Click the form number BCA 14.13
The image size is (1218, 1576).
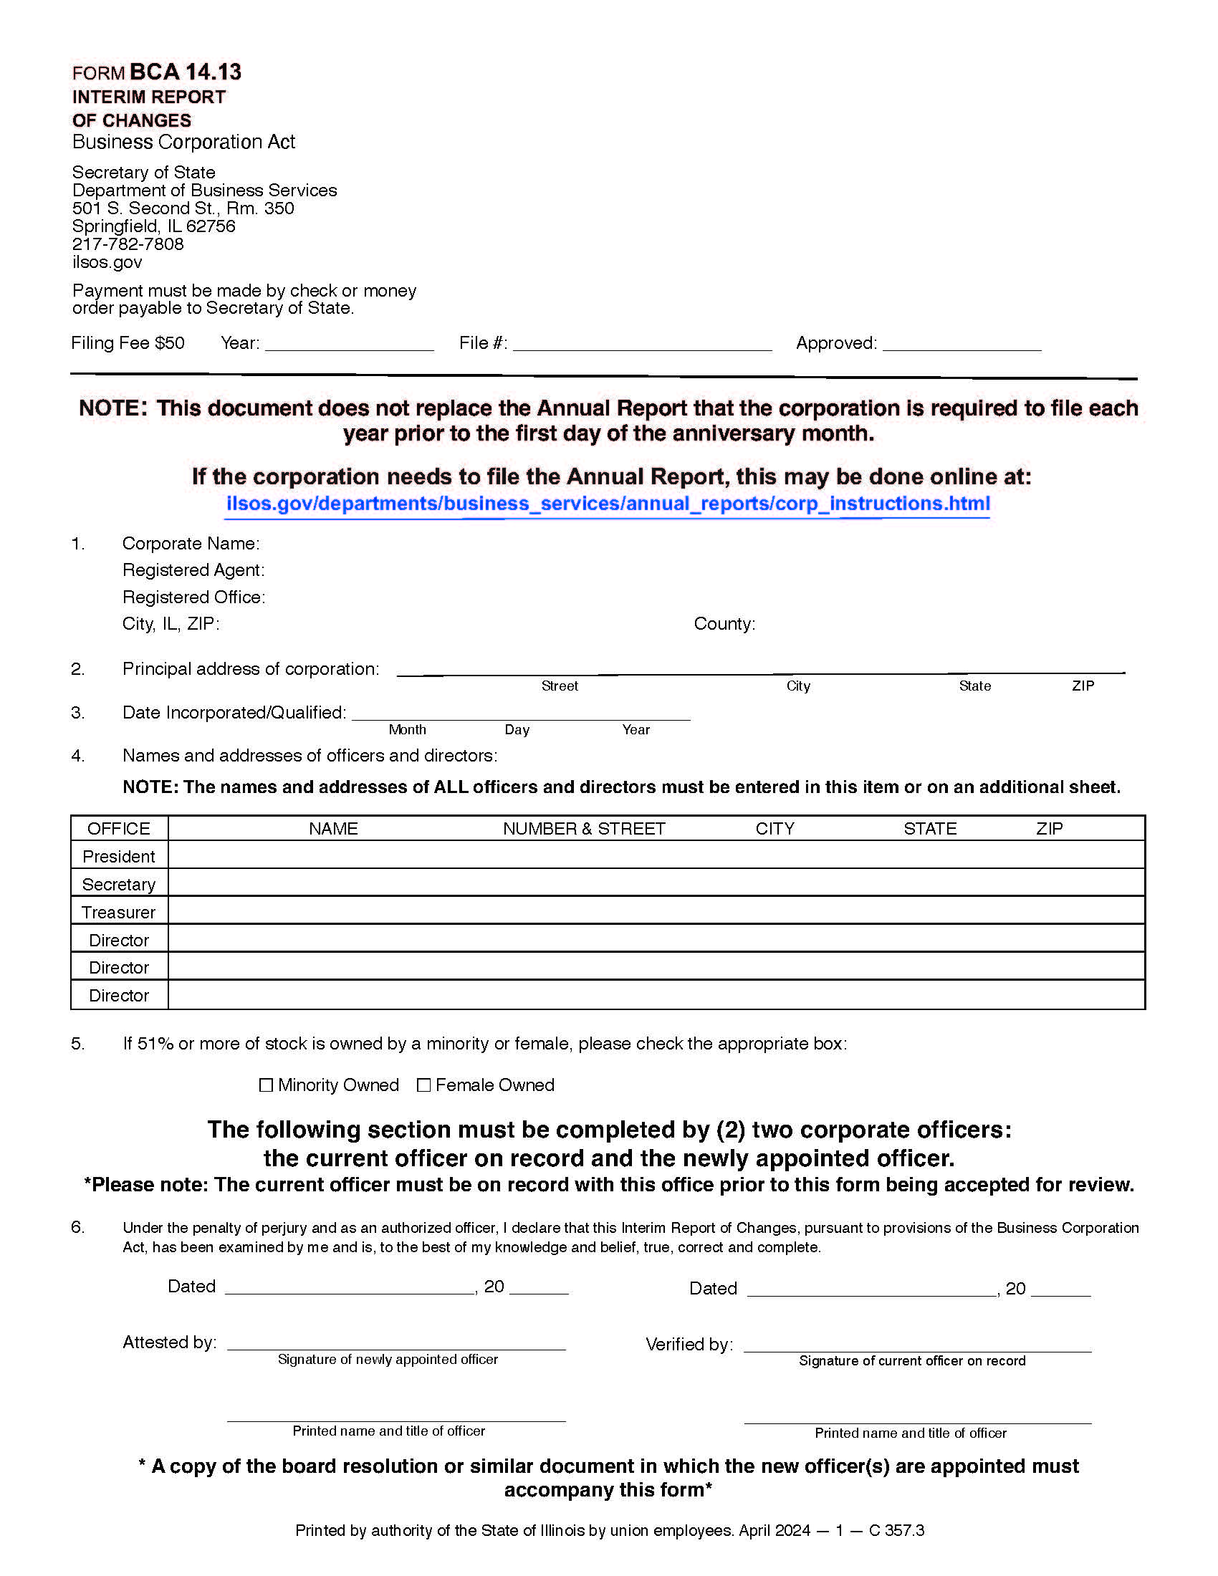185,72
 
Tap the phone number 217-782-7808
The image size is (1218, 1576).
128,244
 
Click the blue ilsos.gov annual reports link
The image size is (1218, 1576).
608,503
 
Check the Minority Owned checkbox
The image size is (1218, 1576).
266,1085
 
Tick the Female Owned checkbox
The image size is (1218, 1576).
423,1085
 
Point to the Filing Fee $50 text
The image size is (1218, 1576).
128,342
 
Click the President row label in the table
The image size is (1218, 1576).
118,857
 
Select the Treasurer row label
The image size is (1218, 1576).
118,912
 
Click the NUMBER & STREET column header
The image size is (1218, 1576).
584,828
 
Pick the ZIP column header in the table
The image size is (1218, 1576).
1049,828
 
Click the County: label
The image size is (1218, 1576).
724,623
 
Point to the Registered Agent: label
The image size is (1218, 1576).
193,570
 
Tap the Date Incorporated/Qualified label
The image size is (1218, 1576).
234,712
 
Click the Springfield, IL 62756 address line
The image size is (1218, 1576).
154,226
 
